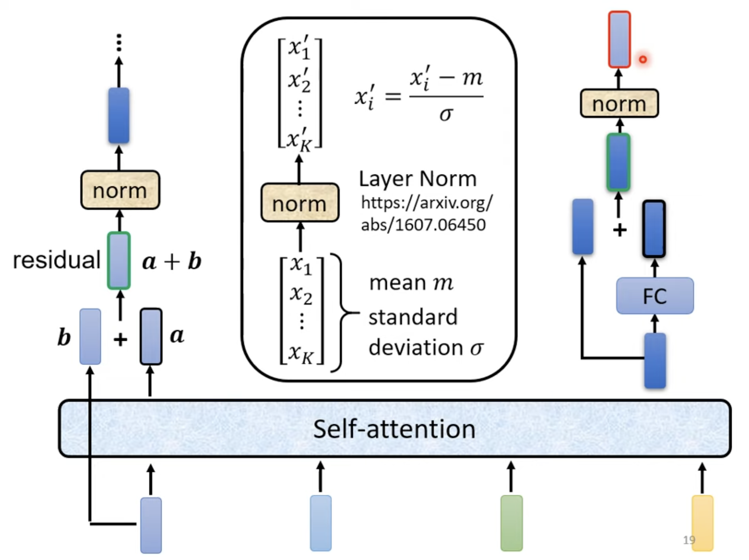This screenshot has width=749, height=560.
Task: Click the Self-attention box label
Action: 394,429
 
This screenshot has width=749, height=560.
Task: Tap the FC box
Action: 655,296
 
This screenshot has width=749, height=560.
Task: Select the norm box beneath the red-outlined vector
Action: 619,103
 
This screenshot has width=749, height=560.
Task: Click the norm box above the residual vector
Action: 120,190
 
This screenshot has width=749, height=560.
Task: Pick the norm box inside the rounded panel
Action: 300,203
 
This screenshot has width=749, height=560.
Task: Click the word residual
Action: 57,260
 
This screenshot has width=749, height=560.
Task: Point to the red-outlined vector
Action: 619,39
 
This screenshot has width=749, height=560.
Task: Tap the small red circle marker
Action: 642,59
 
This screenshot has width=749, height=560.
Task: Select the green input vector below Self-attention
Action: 511,523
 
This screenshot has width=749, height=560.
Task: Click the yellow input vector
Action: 702,523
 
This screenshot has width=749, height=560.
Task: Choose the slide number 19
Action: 689,540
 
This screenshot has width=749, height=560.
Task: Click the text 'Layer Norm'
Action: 418,179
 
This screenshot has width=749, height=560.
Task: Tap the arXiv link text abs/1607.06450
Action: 423,225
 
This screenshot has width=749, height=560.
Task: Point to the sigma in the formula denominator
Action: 446,114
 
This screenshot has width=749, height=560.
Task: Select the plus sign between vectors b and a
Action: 120,339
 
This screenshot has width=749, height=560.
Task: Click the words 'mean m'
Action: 411,283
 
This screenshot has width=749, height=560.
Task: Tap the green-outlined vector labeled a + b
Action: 119,261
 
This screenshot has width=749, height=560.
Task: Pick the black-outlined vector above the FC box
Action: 654,229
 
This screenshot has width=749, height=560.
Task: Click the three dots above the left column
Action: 119,43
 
